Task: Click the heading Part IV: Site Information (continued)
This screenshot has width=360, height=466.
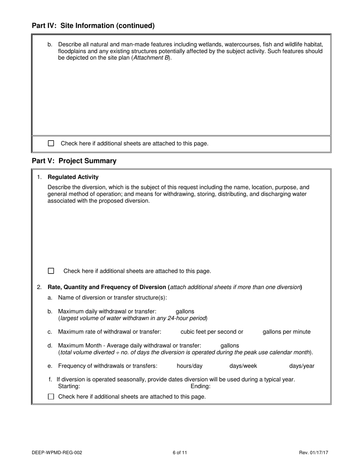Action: [x=93, y=26]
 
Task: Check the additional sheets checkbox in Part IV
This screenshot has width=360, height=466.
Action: [x=51, y=143]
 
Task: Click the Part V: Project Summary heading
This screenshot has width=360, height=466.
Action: [x=74, y=161]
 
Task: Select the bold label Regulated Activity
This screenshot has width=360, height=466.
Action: [x=73, y=177]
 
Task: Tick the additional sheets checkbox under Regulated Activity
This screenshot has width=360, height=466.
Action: [x=51, y=271]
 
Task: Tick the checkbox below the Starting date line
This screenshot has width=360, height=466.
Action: [x=51, y=397]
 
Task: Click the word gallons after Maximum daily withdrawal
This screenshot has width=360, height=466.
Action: [x=185, y=311]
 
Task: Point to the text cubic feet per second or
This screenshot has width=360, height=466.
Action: [x=212, y=332]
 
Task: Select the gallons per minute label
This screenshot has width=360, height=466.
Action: [x=286, y=332]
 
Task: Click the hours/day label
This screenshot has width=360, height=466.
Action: [x=189, y=366]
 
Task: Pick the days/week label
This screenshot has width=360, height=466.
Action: [x=243, y=366]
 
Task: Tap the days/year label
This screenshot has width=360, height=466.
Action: [x=302, y=366]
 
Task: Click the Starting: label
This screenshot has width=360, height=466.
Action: [x=69, y=386]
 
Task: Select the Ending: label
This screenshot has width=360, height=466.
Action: [x=200, y=386]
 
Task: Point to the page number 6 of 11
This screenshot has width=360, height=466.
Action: [x=180, y=452]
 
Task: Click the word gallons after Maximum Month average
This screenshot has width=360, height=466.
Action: [x=230, y=346]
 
